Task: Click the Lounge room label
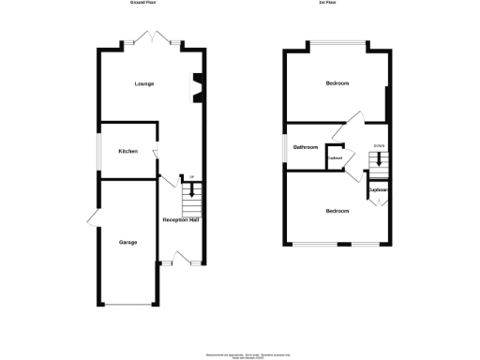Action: tap(144, 84)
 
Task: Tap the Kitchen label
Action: tap(128, 151)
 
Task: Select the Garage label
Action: tap(128, 243)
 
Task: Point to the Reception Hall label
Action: tap(181, 219)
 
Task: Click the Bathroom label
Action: tap(306, 147)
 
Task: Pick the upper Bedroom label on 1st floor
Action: tap(337, 84)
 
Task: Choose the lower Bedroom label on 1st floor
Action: tap(337, 211)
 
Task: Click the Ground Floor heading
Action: tap(142, 3)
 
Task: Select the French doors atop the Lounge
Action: tap(151, 39)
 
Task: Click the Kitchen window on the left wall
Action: tap(100, 151)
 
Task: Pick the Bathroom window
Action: tap(288, 147)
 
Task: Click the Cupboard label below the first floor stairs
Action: tap(378, 190)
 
